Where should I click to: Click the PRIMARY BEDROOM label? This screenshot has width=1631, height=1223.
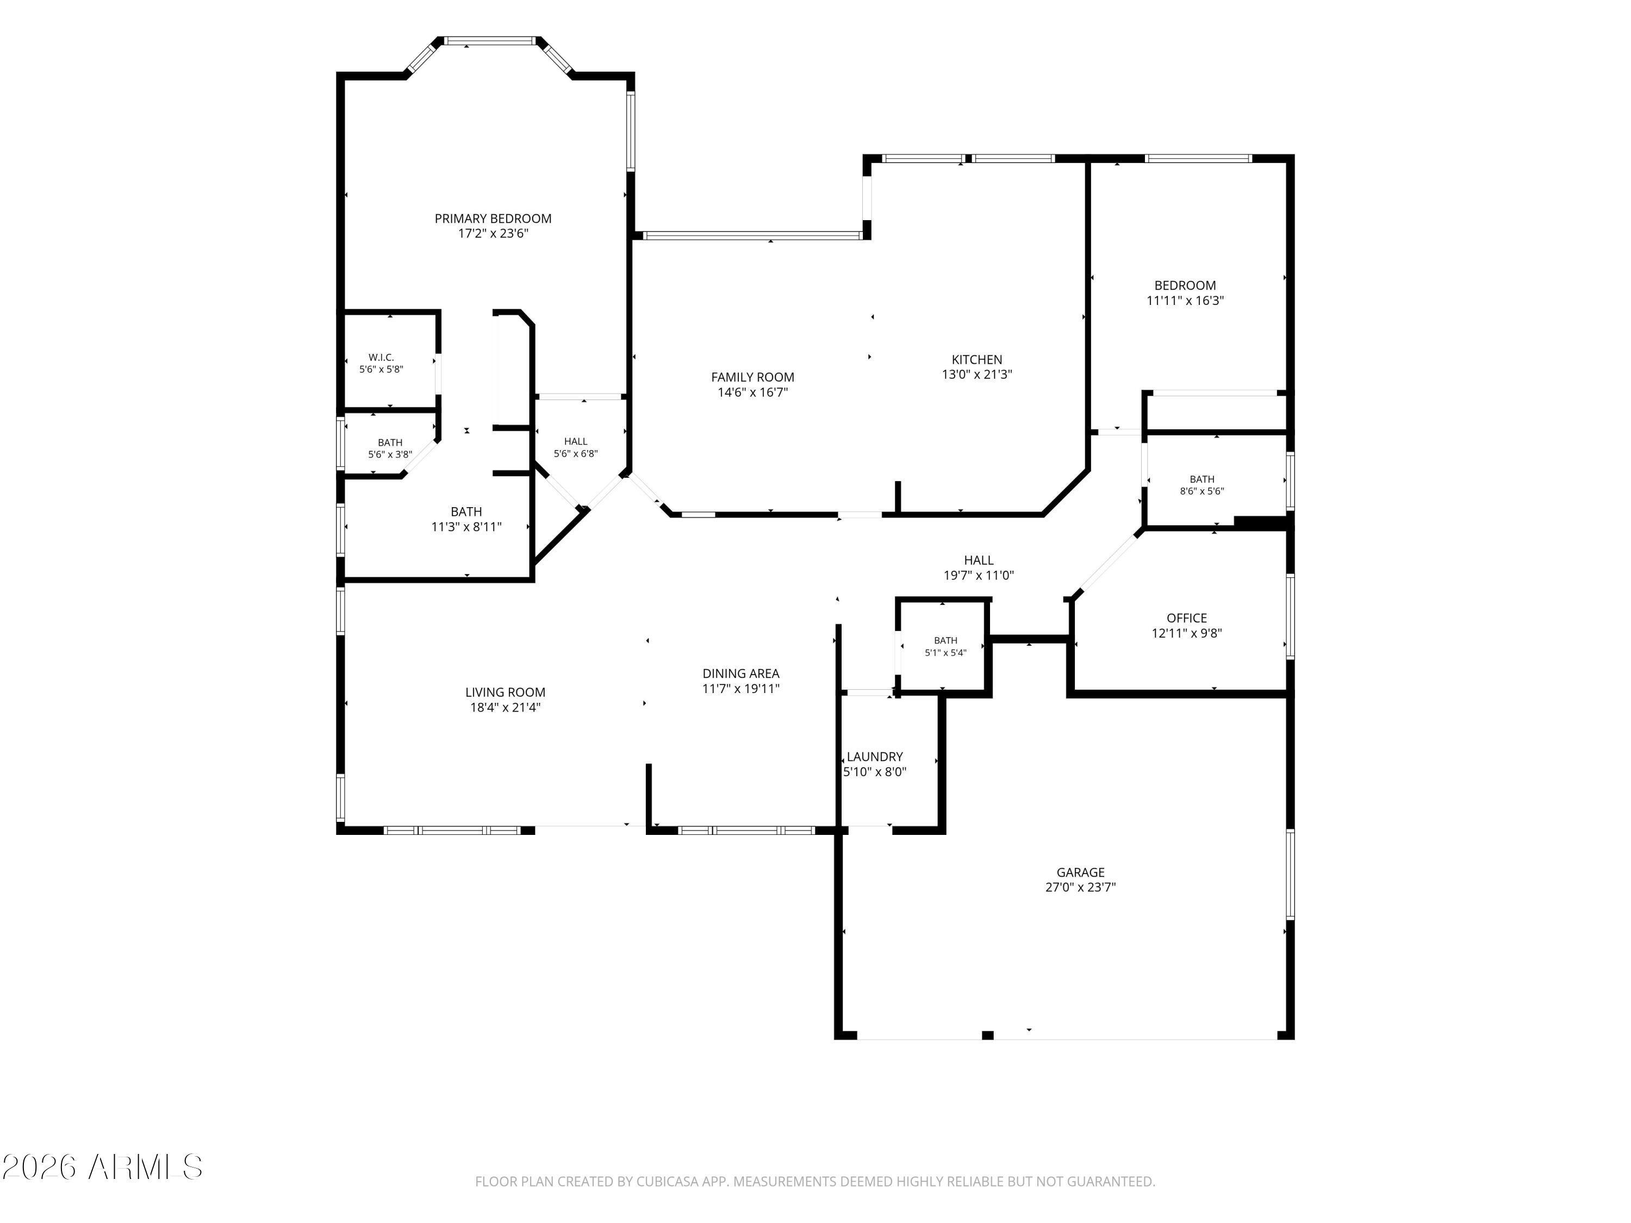point(493,218)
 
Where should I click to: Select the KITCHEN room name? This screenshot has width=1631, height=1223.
point(977,359)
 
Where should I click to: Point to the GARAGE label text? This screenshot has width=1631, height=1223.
point(1080,872)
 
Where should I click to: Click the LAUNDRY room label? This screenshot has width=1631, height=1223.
point(874,757)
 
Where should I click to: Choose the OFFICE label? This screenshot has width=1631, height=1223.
point(1186,618)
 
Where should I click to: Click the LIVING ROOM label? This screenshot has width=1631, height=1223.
point(505,692)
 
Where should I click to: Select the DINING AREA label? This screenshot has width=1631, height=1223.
point(741,673)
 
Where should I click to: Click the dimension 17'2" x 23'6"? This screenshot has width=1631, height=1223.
point(493,234)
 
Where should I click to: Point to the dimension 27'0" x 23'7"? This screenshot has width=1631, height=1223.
point(1080,888)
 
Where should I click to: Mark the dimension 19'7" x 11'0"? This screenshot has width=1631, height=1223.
point(979,576)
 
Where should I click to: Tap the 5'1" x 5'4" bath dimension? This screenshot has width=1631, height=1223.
point(945,652)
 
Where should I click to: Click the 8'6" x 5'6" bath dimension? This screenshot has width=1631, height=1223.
point(1202,491)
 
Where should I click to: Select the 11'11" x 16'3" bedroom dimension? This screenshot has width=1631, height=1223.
point(1185,301)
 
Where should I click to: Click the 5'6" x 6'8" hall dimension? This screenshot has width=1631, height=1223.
point(576,454)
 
